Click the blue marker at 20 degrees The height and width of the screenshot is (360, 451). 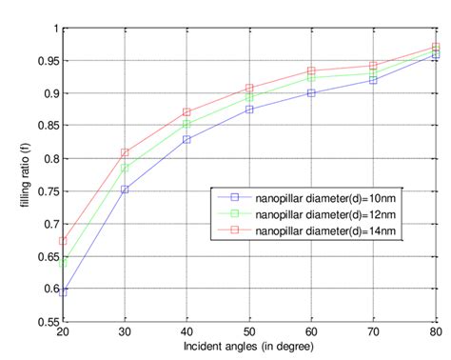(x=63, y=291)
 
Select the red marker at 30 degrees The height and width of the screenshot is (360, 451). (x=125, y=152)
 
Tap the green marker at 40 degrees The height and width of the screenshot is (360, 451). (x=186, y=124)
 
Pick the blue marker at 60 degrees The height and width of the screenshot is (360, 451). (x=311, y=92)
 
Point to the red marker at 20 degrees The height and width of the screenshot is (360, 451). (x=63, y=240)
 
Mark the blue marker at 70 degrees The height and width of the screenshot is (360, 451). (x=373, y=80)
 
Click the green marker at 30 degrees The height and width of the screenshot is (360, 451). (x=125, y=169)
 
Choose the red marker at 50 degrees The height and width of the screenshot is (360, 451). (x=249, y=88)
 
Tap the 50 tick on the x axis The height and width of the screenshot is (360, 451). (x=249, y=334)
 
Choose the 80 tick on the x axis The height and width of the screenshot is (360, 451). (x=436, y=334)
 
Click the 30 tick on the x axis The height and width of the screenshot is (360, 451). (x=125, y=334)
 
